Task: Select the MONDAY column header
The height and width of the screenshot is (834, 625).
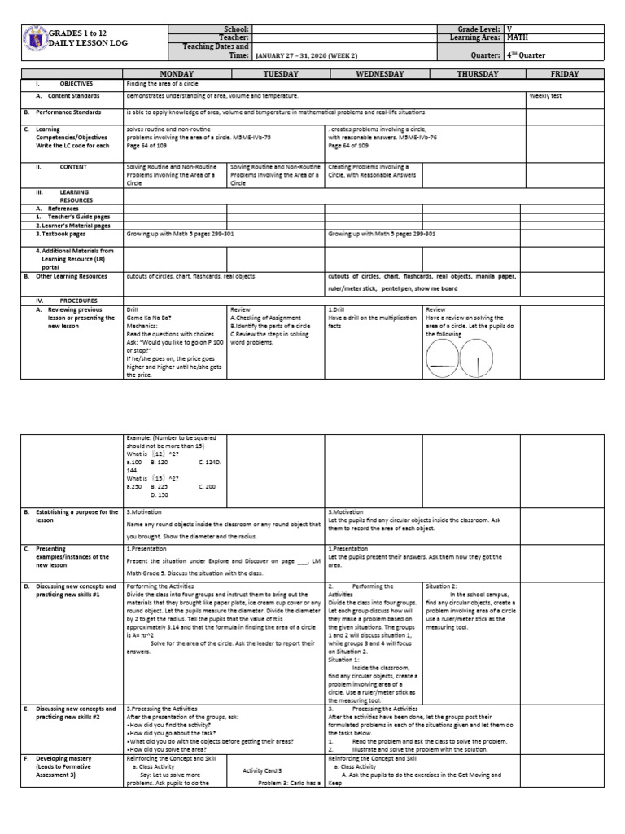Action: (174, 74)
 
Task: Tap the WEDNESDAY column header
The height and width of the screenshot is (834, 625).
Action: (374, 74)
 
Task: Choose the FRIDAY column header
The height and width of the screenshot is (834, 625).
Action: (565, 74)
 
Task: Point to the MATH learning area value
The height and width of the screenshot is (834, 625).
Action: (517, 37)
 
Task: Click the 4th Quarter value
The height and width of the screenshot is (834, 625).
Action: (526, 56)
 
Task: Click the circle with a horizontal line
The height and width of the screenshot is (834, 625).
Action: (444, 353)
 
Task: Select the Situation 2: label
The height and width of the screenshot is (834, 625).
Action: (443, 586)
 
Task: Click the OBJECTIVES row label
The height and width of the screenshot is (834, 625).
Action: (76, 84)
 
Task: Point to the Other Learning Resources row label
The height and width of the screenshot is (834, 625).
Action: (75, 276)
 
